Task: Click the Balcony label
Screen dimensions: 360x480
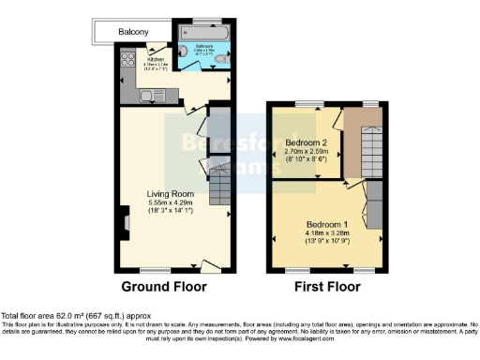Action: pyautogui.click(x=133, y=32)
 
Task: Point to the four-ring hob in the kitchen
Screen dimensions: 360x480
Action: pyautogui.click(x=128, y=59)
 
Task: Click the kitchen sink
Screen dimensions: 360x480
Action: pyautogui.click(x=147, y=94)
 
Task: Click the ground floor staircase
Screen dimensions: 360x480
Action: pyautogui.click(x=218, y=185)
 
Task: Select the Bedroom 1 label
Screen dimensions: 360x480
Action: pyautogui.click(x=327, y=225)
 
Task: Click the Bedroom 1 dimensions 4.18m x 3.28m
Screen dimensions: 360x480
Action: pyautogui.click(x=327, y=234)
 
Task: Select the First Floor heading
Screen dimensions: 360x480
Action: pyautogui.click(x=327, y=286)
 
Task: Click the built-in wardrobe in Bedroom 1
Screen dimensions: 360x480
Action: pyautogui.click(x=372, y=204)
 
